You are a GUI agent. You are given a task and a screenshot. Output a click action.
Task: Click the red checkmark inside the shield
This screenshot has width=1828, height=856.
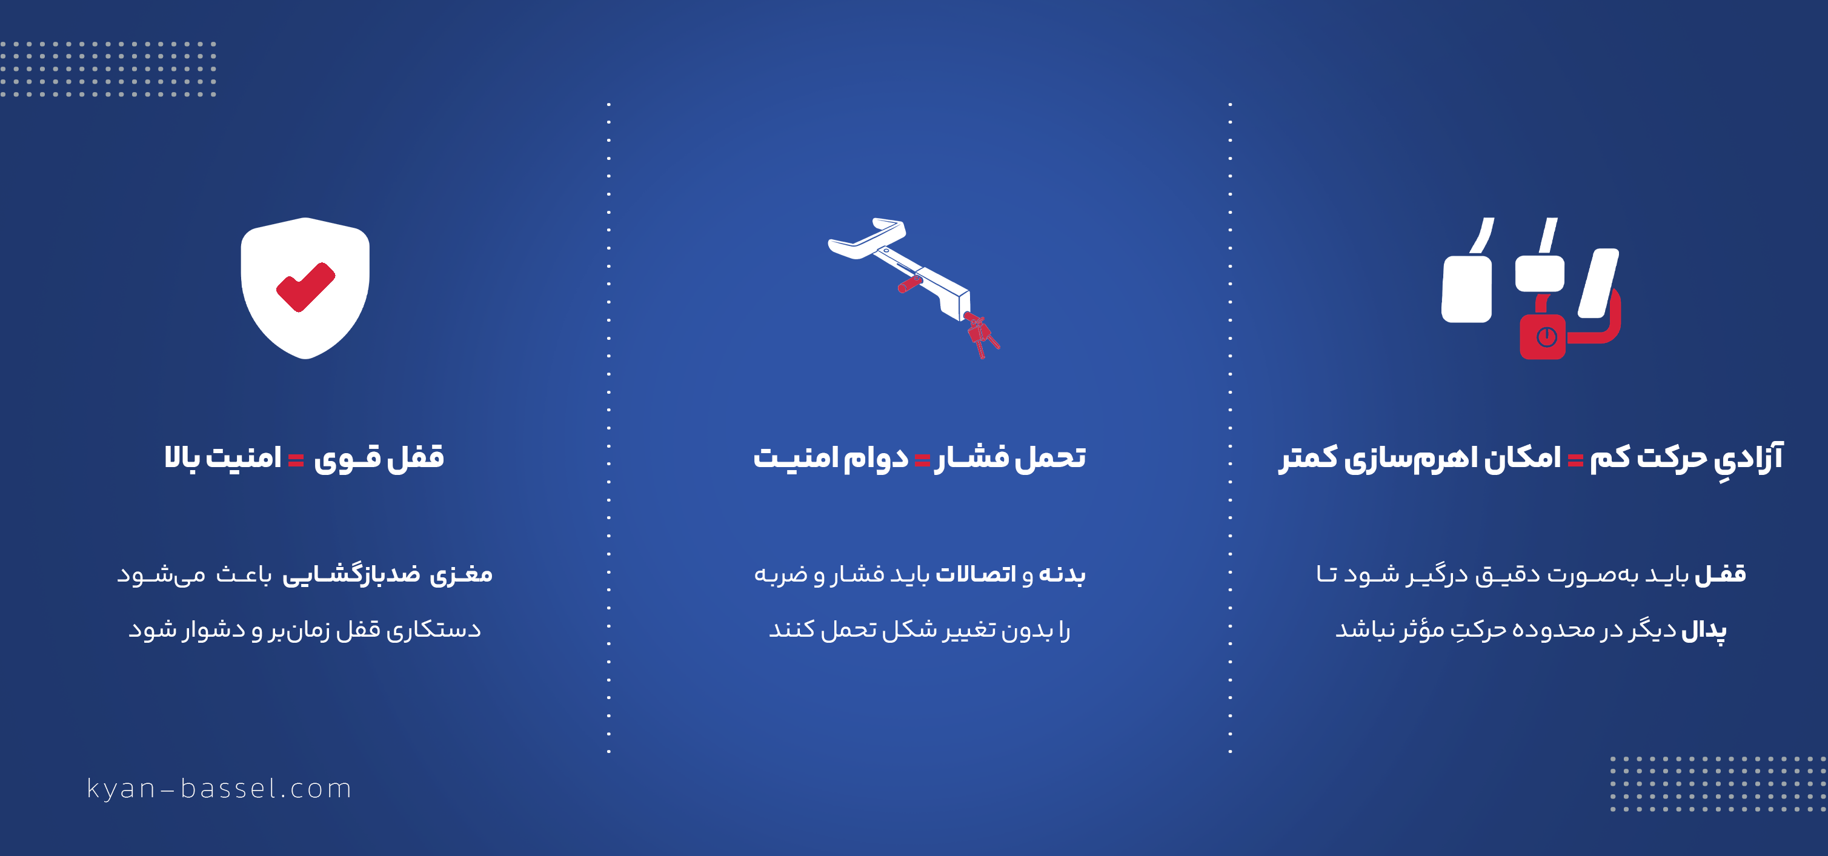pos(305,286)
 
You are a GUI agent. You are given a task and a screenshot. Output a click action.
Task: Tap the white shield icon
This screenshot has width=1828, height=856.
pos(305,288)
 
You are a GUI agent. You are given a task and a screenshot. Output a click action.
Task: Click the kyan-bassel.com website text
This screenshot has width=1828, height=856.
pos(219,789)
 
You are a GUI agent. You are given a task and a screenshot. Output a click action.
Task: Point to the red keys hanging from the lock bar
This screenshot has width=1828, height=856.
pos(982,336)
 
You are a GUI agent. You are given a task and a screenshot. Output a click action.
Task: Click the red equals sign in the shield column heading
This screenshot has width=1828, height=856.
pos(296,460)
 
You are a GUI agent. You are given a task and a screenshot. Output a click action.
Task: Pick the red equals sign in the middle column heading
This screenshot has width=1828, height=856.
pos(922,460)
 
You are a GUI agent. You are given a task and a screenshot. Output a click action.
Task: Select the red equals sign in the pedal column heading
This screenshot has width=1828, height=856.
pos(1575,460)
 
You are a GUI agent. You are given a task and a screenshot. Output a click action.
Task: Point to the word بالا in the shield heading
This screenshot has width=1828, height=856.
pos(182,456)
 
